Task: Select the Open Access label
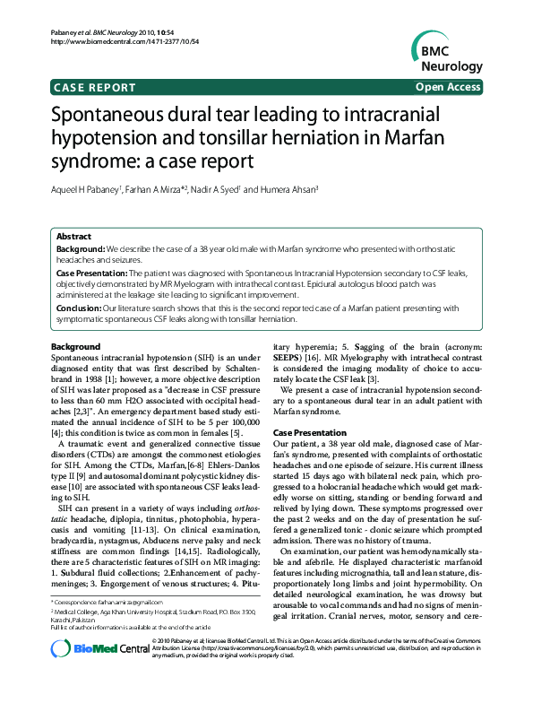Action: (447, 87)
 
